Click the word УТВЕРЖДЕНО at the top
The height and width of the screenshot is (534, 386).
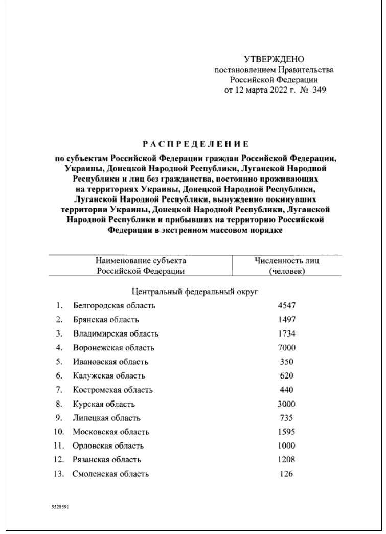click(x=274, y=60)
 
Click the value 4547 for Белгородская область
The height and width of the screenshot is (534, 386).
click(x=287, y=306)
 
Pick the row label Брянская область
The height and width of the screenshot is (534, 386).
click(x=106, y=320)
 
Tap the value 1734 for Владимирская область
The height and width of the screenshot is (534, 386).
click(x=287, y=334)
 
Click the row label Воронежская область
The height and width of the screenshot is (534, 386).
click(x=113, y=348)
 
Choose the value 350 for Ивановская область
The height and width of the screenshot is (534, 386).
click(x=287, y=362)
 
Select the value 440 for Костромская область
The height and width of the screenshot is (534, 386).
click(x=287, y=390)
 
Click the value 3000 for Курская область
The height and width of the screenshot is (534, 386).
click(x=287, y=404)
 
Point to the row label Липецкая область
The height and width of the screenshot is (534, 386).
click(x=106, y=418)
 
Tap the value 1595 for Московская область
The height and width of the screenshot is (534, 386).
click(x=287, y=432)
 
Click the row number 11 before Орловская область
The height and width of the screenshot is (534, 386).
click(x=60, y=446)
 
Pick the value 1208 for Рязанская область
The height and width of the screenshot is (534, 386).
click(x=287, y=459)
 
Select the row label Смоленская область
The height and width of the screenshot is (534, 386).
click(x=111, y=474)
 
